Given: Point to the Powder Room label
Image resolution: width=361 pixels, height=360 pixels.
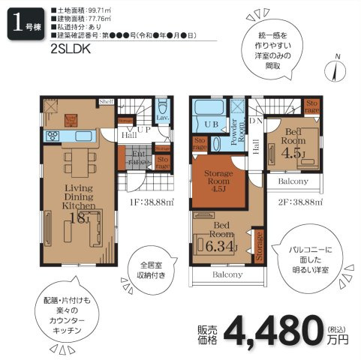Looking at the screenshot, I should [x=237, y=133].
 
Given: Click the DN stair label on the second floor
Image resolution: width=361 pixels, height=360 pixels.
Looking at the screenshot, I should [x=255, y=120].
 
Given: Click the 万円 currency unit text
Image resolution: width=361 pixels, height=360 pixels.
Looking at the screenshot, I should [x=338, y=338].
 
